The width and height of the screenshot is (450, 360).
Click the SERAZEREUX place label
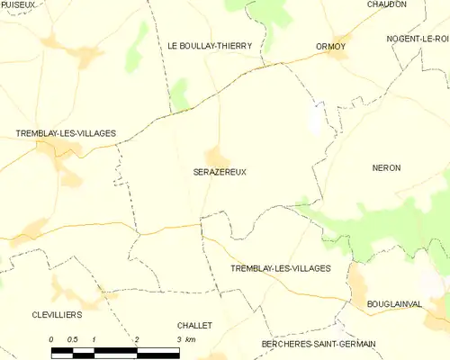[220, 171]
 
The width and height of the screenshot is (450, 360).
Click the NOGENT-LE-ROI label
[417, 40]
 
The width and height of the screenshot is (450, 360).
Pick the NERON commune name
[386, 168]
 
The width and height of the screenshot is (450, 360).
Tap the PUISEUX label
[18, 4]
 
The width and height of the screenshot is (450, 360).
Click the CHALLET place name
[194, 326]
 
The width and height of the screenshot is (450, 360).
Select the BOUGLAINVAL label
[394, 305]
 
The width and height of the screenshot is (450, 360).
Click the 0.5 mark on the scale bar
[73, 339]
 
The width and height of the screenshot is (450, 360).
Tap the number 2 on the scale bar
[137, 339]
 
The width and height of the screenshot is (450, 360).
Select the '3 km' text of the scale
[185, 339]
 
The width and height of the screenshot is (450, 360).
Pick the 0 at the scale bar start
[52, 339]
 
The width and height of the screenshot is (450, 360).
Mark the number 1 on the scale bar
[94, 339]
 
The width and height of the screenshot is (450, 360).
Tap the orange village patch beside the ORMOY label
[338, 54]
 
